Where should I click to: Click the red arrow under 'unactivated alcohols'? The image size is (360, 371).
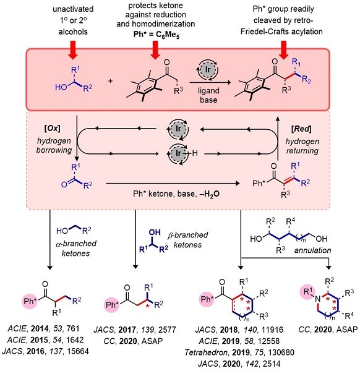click(73, 49)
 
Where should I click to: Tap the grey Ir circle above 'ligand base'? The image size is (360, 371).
click(208, 69)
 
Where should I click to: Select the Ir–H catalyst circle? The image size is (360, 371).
click(178, 153)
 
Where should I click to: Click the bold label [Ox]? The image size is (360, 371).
click(53, 128)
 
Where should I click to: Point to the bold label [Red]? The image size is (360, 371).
click(301, 129)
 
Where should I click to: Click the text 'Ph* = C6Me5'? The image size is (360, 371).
click(156, 34)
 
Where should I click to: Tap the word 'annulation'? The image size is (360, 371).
click(312, 250)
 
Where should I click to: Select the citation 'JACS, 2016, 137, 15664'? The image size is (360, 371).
click(45, 351)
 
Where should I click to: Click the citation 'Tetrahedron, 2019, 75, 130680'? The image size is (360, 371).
click(239, 352)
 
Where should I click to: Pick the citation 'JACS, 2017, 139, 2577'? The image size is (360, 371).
click(135, 330)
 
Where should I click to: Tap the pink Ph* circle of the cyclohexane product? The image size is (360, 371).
click(207, 299)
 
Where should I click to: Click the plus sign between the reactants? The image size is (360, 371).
click(111, 81)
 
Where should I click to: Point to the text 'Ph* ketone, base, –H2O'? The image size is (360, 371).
click(176, 194)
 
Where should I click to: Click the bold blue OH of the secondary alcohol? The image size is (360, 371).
click(155, 232)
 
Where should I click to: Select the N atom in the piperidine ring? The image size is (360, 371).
click(318, 299)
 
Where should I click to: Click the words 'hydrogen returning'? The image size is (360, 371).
click(302, 146)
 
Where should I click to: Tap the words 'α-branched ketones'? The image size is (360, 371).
click(76, 248)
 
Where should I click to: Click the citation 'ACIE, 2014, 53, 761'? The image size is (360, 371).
click(44, 329)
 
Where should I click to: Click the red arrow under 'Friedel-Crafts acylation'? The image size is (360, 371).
click(283, 49)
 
